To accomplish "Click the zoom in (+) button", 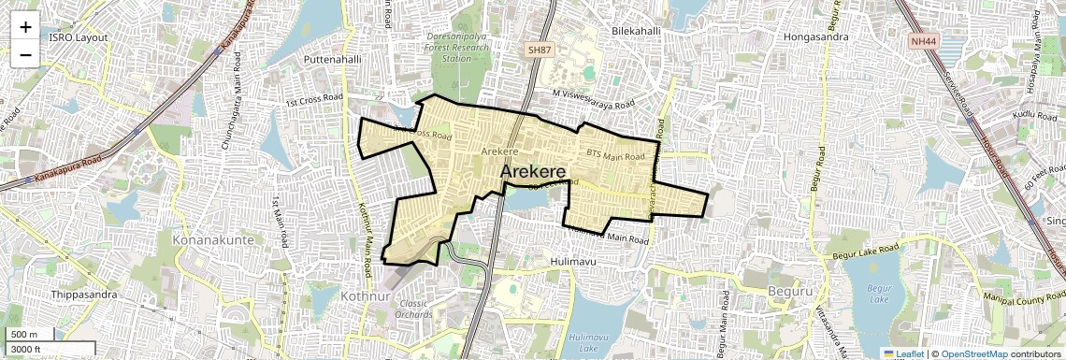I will coord(25,26).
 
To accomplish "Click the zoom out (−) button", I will coord(25,54).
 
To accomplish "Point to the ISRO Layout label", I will coord(79,37).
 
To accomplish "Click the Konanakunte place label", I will coord(213,240).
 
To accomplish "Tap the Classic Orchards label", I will coord(413,310).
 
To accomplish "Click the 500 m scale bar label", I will coord(24,335).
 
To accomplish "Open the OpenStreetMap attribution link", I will coord(973,353).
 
